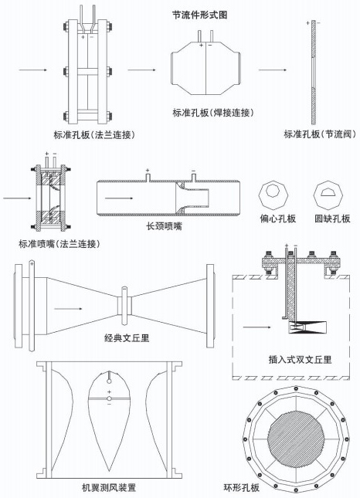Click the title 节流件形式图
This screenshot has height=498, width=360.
pyautogui.click(x=199, y=15)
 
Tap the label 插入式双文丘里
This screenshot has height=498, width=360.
pyautogui.click(x=295, y=360)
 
